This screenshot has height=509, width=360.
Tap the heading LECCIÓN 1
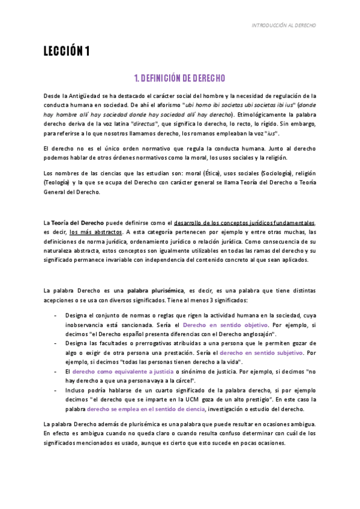pyautogui.click(x=67, y=52)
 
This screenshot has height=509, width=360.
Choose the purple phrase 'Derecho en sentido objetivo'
pyautogui.click(x=217, y=325)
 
